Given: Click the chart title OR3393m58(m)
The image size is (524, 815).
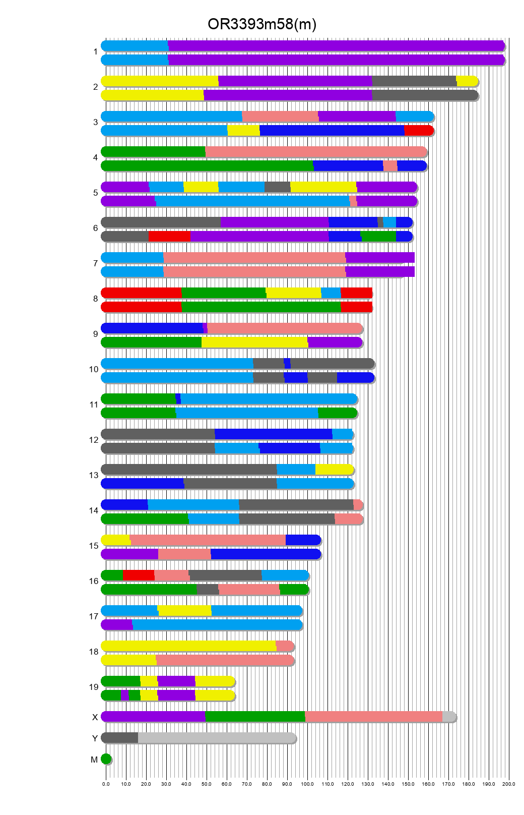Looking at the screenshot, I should click(261, 24).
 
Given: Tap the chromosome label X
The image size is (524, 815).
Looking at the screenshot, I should click(95, 717).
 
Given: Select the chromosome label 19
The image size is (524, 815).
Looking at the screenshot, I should click(94, 687).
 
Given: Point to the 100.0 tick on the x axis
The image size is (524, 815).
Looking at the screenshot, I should click(307, 784).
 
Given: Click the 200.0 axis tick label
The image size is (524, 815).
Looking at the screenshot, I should click(508, 784).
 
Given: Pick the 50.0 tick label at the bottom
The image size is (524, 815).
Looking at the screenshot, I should click(207, 784).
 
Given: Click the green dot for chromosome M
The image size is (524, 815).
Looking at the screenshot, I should click(106, 759).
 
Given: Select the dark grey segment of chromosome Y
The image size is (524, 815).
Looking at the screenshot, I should click(120, 738).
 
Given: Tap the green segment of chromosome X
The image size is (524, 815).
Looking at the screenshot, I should click(255, 717).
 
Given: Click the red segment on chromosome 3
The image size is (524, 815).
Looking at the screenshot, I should click(418, 131).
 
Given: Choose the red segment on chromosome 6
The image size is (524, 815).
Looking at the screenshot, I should click(169, 237).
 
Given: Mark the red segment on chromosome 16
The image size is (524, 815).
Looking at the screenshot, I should click(139, 575).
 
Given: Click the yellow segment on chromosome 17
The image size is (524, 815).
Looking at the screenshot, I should click(184, 611).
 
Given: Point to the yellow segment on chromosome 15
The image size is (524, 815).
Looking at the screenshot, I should click(116, 540).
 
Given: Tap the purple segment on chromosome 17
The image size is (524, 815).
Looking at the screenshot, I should click(117, 625).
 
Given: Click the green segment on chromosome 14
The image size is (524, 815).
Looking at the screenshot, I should click(145, 519).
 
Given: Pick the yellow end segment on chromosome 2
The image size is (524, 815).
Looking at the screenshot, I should click(467, 81).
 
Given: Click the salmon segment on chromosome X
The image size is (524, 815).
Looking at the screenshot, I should click(373, 717).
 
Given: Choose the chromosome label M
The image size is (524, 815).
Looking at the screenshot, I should click(94, 760).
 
